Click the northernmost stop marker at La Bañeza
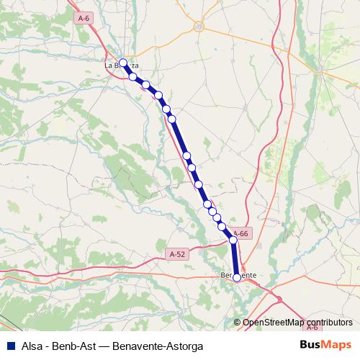pyautogui.click(x=123, y=63)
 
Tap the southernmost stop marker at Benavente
pyautogui.click(x=237, y=277)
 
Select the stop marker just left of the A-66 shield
pyautogui.click(x=233, y=240)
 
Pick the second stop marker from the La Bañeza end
pyautogui.click(x=132, y=76)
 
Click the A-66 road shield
pyautogui.click(x=241, y=233)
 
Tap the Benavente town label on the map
pyautogui.click(x=238, y=275)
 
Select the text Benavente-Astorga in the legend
pyautogui.click(x=153, y=346)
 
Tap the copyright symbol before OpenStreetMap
pyautogui.click(x=238, y=323)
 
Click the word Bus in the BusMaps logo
pyautogui.click(x=310, y=345)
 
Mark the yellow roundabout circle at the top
pyautogui.click(x=199, y=27)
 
